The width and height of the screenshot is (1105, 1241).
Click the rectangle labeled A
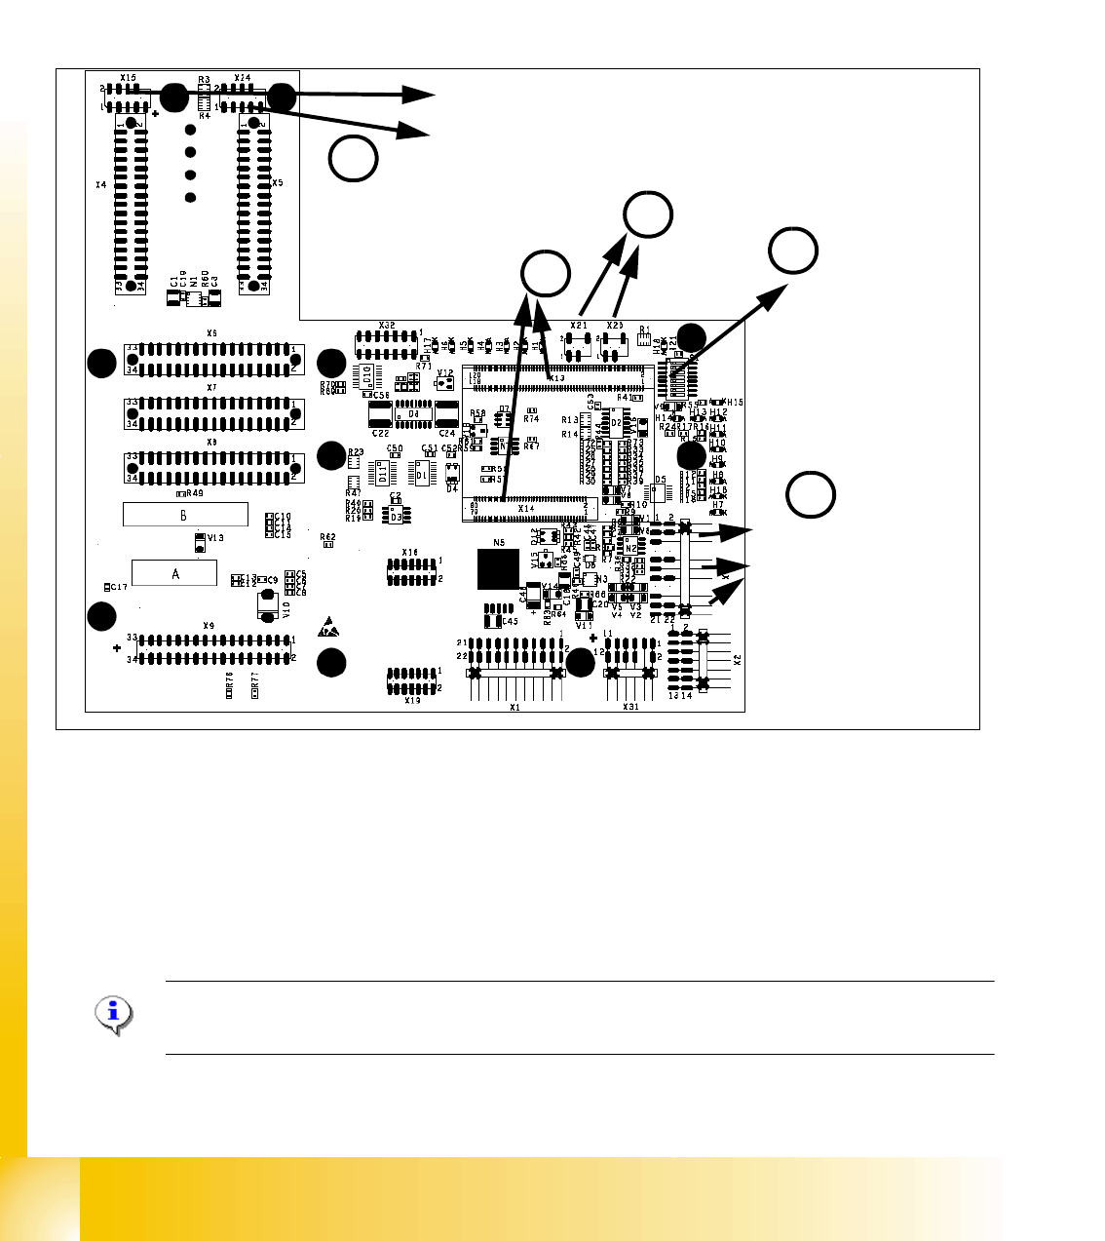174,573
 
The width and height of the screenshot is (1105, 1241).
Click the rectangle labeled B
185,514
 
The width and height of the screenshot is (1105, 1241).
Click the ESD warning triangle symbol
329,627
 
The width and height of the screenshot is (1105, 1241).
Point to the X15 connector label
129,77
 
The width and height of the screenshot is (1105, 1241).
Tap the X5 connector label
277,182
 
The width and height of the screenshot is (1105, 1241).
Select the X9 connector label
209,626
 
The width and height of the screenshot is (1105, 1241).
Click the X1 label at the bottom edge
515,707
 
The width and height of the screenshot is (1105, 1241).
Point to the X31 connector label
630,707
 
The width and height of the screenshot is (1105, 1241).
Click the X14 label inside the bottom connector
526,508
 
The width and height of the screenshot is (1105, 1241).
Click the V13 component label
215,537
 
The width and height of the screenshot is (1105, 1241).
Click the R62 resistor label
328,536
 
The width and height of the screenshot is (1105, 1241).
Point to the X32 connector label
387,325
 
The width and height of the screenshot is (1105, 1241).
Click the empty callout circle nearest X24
353,159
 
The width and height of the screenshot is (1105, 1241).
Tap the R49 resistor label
194,493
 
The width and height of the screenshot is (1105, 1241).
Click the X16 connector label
411,553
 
